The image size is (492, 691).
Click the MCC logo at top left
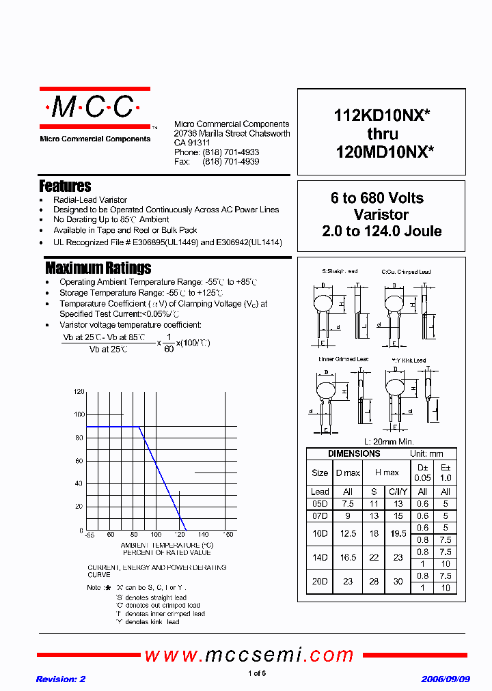point(94,107)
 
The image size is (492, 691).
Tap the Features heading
point(65,186)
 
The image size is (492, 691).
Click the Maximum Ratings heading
point(98,268)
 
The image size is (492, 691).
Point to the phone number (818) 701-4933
point(231,152)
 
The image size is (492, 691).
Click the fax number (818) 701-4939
point(231,162)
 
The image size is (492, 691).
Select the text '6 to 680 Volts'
point(377,198)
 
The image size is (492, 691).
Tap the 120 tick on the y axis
point(79,392)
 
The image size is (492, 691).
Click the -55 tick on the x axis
point(88,535)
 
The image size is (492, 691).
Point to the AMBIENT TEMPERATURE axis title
point(167,545)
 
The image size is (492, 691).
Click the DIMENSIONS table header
point(354,454)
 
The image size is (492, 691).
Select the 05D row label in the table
point(320,504)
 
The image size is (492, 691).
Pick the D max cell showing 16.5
point(348,557)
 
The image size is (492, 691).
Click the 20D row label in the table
point(320,582)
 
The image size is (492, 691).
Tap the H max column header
point(386,473)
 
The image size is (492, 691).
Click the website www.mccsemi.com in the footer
point(249,655)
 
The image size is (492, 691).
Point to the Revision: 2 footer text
point(60,679)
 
